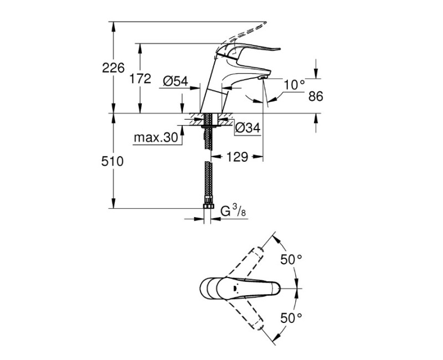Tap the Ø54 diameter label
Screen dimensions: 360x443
point(176,81)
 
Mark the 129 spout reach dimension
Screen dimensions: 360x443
point(236,157)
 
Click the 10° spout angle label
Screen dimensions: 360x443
point(294,85)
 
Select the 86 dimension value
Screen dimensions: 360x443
point(315,96)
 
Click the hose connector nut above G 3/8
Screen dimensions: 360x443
point(208,207)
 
